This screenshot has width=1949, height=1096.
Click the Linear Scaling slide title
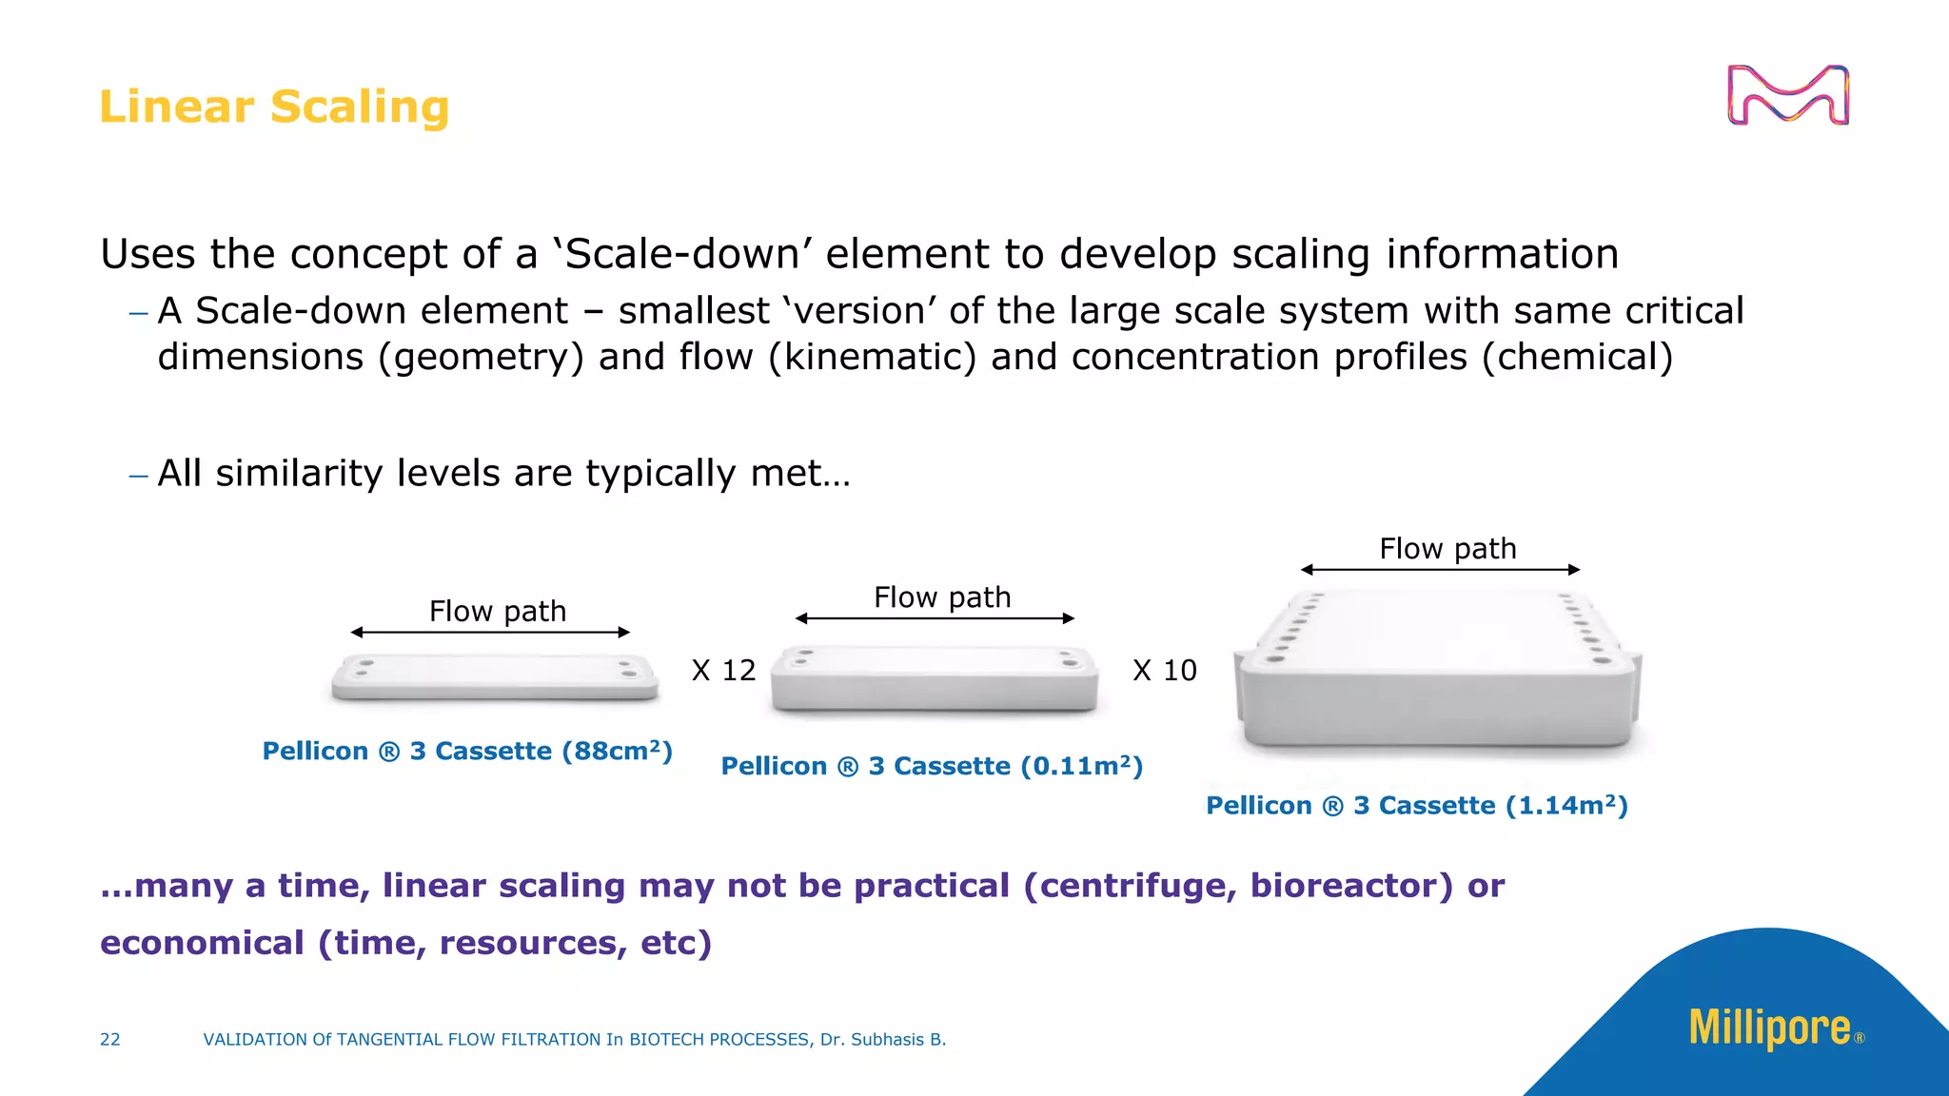click(274, 107)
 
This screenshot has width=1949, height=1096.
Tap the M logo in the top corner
click(1787, 95)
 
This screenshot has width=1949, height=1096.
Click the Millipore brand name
click(1770, 1027)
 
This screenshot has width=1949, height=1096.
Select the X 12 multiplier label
click(723, 671)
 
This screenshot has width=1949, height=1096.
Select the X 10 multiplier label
click(1165, 671)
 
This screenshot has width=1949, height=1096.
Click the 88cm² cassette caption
click(467, 752)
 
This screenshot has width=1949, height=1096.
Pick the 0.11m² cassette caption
click(932, 767)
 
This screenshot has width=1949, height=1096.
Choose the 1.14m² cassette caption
click(1417, 806)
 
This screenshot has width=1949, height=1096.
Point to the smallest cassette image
click(495, 676)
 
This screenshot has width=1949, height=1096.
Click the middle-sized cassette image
click(935, 678)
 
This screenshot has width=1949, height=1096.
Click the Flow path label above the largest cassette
click(1447, 549)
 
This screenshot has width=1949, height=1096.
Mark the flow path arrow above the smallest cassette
click(490, 633)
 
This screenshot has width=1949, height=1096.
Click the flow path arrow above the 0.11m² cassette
click(935, 618)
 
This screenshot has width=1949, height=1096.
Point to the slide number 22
click(110, 1040)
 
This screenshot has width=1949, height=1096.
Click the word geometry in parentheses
click(481, 358)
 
